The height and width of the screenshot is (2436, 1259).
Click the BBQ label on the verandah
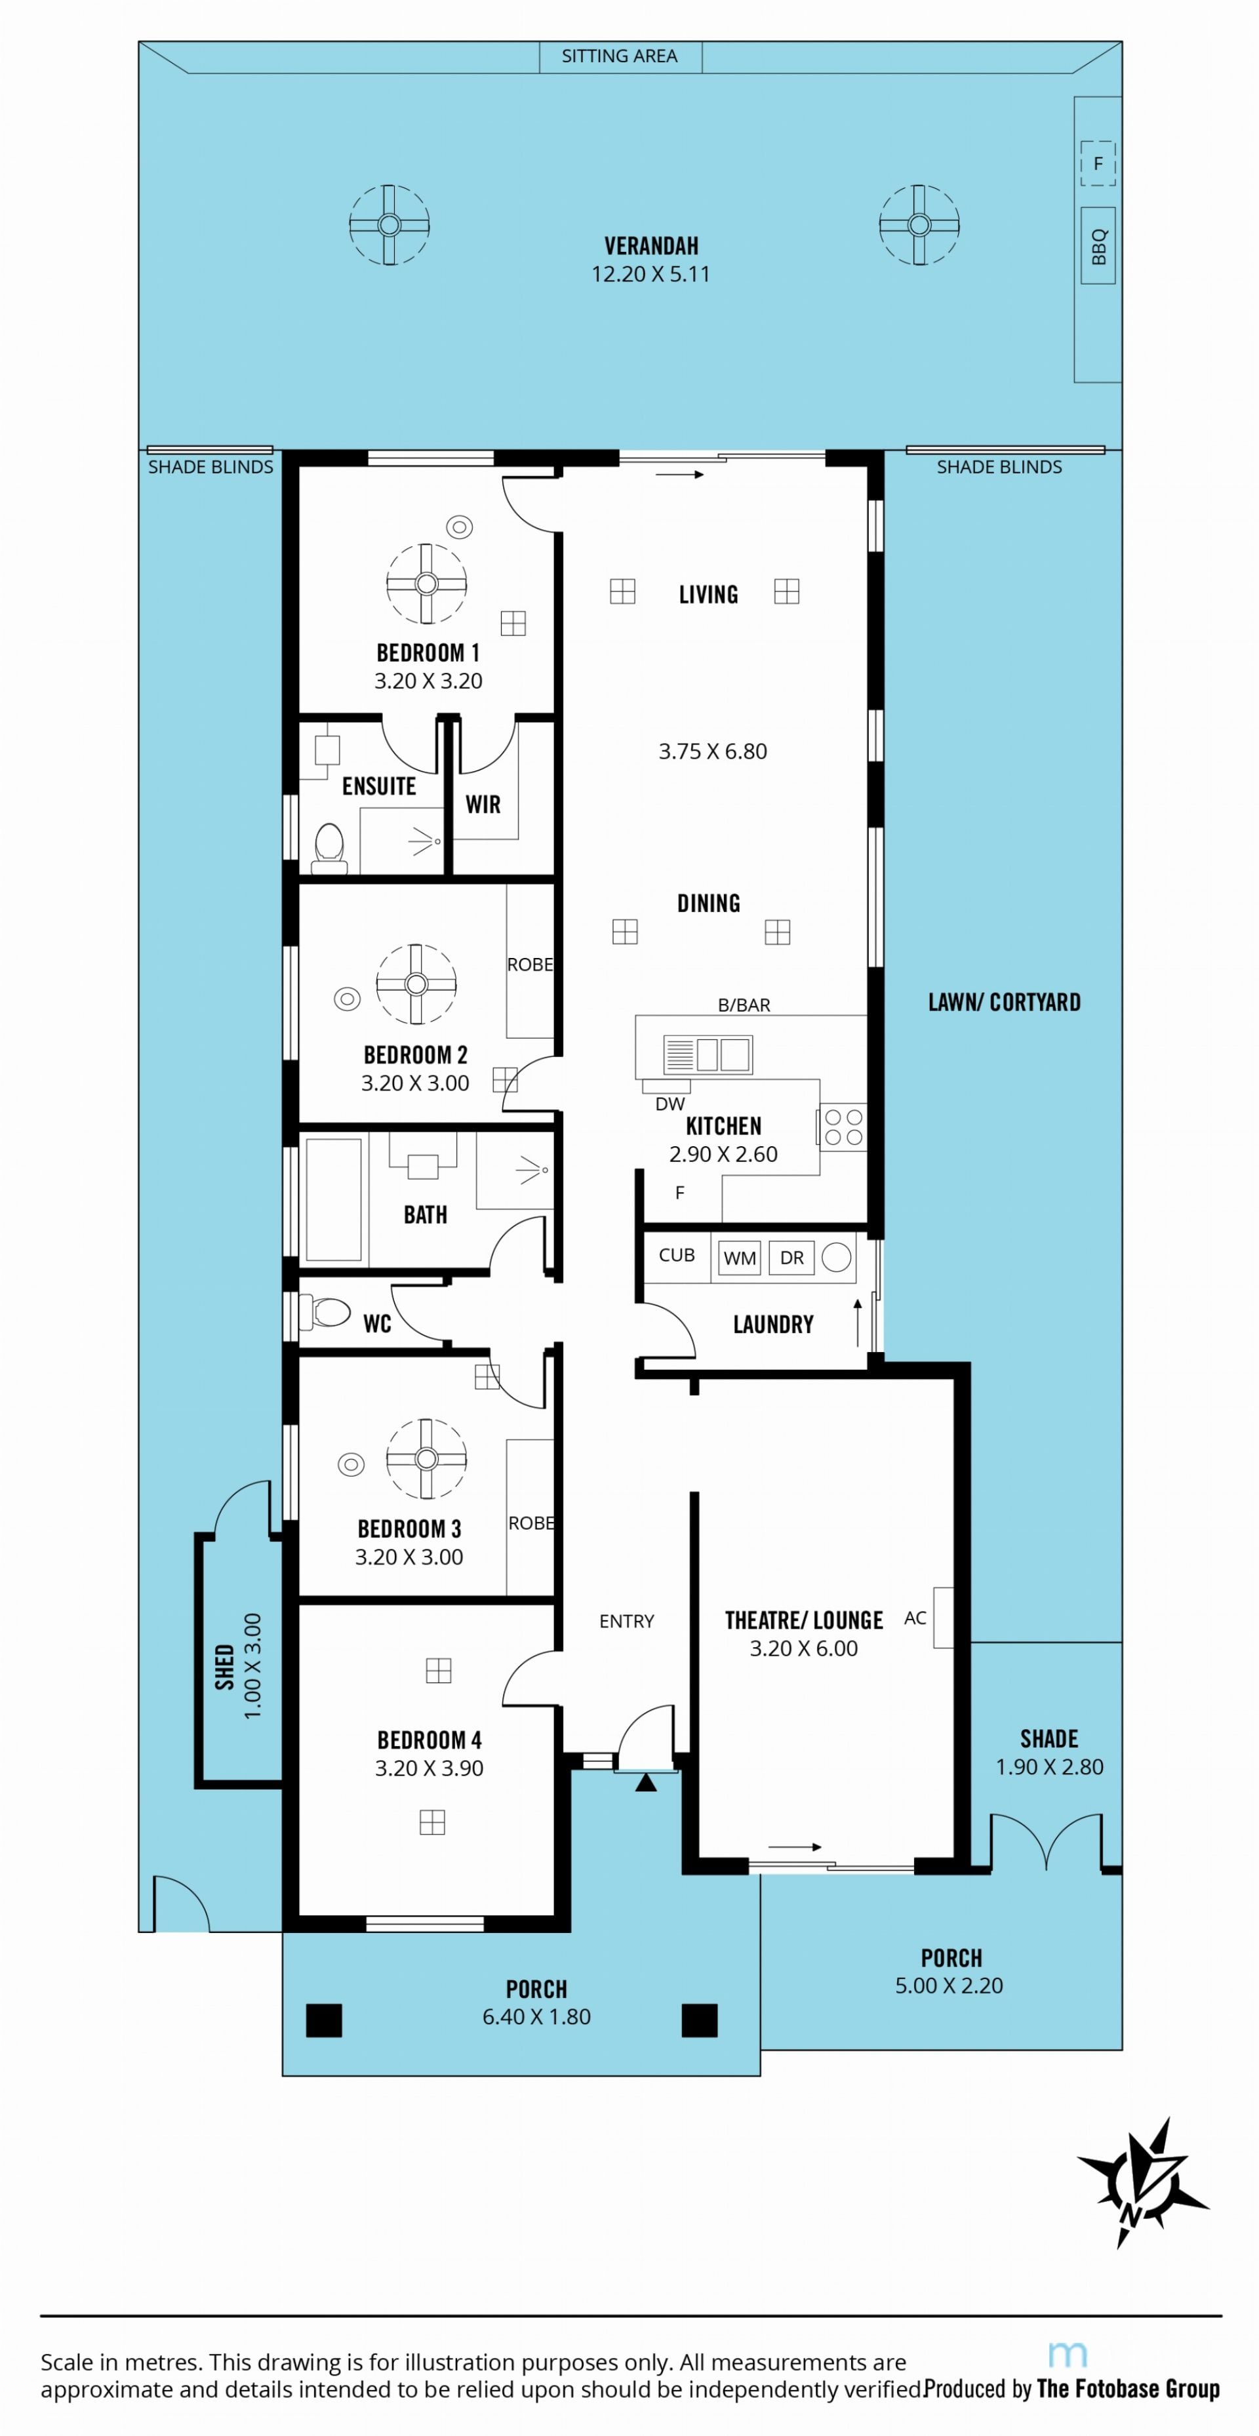click(1098, 247)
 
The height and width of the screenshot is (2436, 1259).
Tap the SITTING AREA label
click(620, 56)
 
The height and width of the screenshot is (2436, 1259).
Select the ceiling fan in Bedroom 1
click(427, 584)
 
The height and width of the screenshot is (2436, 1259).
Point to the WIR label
click(483, 805)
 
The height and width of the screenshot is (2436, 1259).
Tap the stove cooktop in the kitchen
click(843, 1127)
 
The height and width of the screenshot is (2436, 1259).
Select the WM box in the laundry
click(740, 1258)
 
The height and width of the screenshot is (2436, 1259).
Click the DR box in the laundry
click(791, 1258)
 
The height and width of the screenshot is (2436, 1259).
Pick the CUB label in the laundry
click(676, 1255)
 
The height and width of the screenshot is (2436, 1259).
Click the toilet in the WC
click(325, 1311)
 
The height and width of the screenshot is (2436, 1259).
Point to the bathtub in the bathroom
click(333, 1199)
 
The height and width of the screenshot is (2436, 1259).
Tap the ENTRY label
click(626, 1621)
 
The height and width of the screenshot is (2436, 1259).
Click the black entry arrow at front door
click(645, 1782)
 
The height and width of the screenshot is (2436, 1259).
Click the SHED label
click(225, 1666)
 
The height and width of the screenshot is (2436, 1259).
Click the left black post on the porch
click(323, 2020)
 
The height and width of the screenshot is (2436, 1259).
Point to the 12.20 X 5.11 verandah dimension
click(650, 274)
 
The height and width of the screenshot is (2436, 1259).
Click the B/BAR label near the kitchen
click(744, 1005)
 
